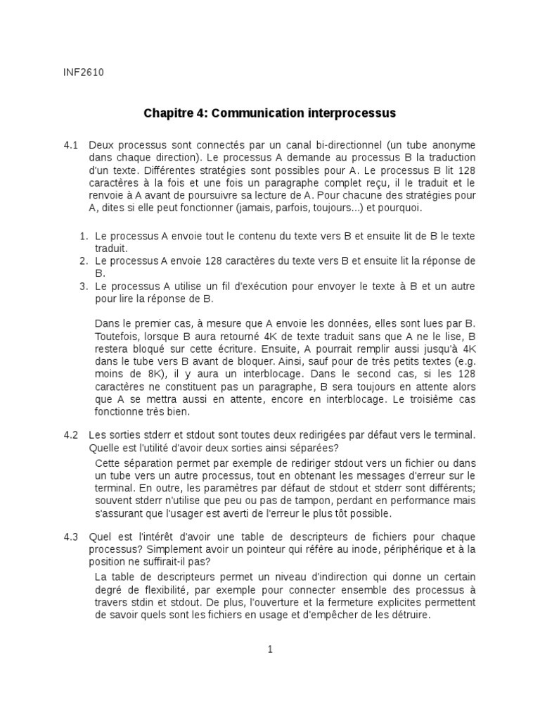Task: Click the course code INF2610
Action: tap(79, 71)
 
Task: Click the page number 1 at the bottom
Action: tap(269, 649)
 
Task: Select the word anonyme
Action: tap(454, 145)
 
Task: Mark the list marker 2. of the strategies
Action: tap(83, 261)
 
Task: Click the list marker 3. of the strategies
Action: tap(83, 287)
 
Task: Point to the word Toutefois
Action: tap(115, 336)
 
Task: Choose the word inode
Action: tap(319, 550)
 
